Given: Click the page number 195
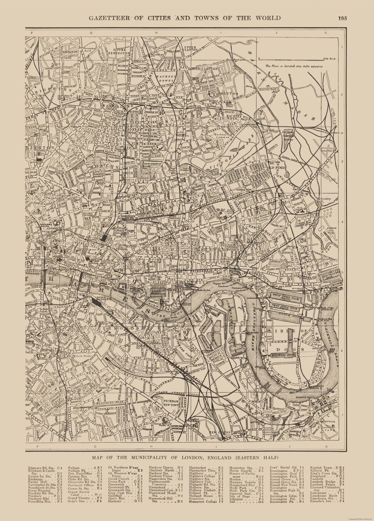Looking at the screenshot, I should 343,18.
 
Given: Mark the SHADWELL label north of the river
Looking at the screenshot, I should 184,282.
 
